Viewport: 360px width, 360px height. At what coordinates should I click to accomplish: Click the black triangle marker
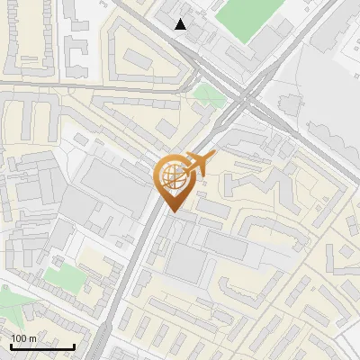(181, 24)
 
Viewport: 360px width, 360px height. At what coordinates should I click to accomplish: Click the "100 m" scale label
(23, 338)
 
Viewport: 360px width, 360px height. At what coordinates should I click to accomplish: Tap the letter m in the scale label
(32, 338)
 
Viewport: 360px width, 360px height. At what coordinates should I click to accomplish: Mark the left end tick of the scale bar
(11, 346)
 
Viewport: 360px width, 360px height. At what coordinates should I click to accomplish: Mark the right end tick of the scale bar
(74, 346)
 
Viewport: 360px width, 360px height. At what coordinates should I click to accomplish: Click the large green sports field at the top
(247, 18)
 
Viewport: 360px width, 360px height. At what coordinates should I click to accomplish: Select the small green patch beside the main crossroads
(207, 94)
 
